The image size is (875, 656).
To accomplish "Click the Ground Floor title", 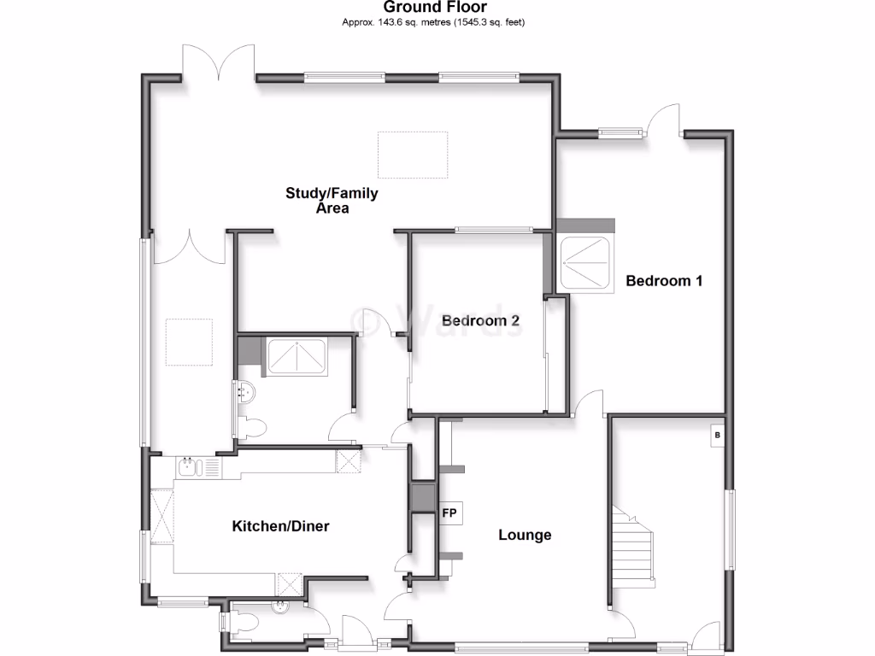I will point(435,8).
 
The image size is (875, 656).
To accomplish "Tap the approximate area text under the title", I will point(435,21).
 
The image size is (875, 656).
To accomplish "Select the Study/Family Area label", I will point(332,201).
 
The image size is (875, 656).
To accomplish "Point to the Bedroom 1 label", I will point(664,280).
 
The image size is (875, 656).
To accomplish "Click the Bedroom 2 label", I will point(480,321).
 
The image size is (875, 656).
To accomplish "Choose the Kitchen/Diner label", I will point(280,526).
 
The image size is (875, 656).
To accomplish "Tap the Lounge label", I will point(525,536).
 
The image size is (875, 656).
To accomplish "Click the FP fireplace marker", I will point(449,514).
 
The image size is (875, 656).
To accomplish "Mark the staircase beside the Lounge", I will point(633,547).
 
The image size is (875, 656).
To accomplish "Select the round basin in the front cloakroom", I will point(279,608).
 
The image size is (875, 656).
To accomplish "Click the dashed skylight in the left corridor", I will point(188,343).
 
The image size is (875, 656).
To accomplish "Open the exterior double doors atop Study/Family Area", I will point(218,64).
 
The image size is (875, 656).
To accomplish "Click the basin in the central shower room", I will point(246,393).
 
